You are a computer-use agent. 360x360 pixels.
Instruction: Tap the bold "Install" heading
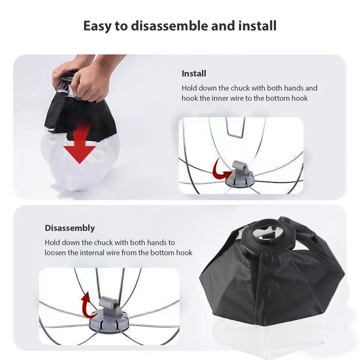[194, 74]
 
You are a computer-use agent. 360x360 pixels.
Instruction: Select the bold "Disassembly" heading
[70, 228]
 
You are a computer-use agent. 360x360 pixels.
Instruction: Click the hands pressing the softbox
[84, 76]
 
